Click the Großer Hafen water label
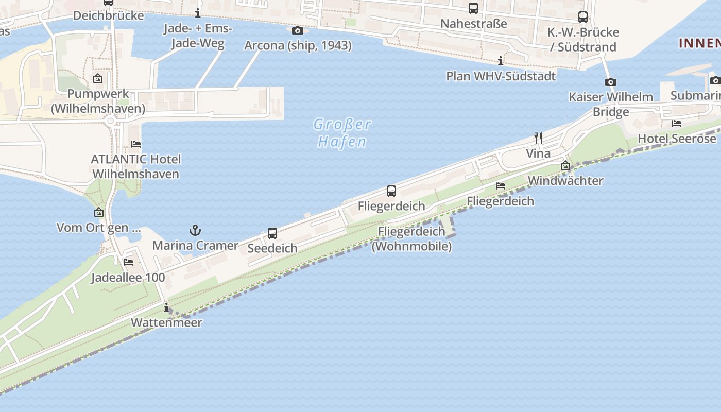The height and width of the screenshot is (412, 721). (x=342, y=133)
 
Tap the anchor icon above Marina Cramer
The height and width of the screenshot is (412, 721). (x=195, y=230)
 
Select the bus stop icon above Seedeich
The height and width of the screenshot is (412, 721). (x=272, y=233)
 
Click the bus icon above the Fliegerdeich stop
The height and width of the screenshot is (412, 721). (x=391, y=191)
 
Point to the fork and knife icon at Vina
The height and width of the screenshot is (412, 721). (x=538, y=138)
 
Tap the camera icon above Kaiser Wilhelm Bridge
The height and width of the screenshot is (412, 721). (x=611, y=82)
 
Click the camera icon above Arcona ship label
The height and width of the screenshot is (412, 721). (x=298, y=31)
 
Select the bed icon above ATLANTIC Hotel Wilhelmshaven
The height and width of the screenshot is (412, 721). (x=136, y=144)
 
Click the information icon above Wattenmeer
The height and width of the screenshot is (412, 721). (x=166, y=308)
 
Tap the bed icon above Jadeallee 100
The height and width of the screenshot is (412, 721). (x=128, y=262)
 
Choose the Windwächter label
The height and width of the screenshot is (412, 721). (x=565, y=181)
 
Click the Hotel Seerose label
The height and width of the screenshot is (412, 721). (x=677, y=139)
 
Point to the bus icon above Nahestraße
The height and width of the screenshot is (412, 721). (x=473, y=8)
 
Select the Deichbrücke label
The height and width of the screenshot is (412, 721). (x=108, y=15)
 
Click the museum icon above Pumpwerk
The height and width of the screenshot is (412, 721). (x=98, y=79)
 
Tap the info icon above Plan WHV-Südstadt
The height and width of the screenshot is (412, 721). (x=501, y=61)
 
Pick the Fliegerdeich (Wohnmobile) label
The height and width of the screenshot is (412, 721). (x=411, y=239)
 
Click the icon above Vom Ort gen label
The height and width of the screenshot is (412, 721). (x=99, y=212)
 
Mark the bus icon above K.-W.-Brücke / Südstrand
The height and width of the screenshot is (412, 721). (x=583, y=17)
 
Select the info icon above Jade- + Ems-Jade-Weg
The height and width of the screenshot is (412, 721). (x=198, y=13)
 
